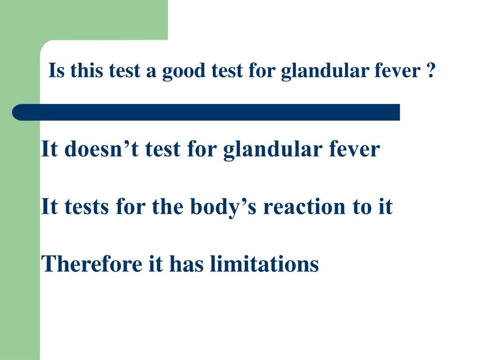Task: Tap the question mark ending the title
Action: coord(431,71)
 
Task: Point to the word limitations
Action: coord(264,263)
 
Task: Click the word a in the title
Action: coord(152,71)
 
